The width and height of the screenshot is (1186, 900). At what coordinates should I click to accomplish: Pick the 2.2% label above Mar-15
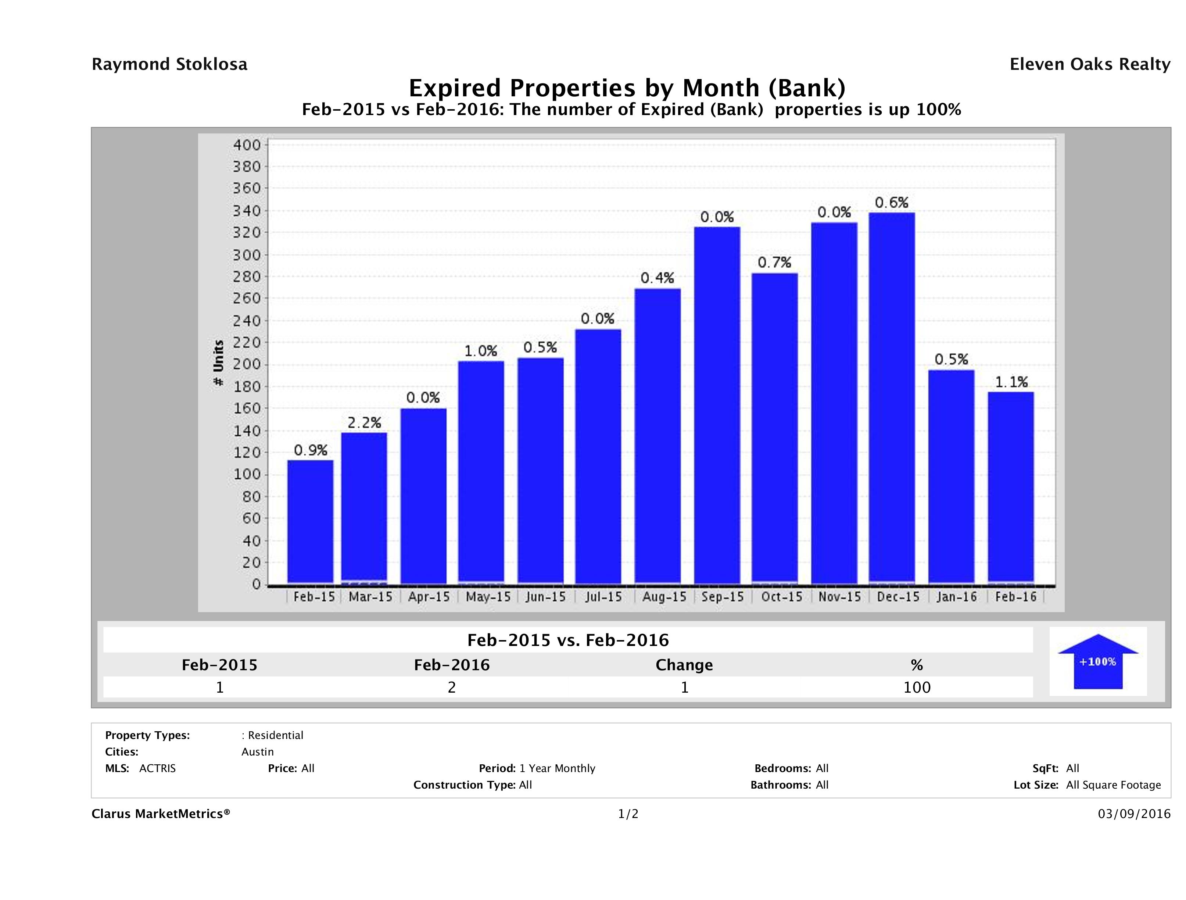364,423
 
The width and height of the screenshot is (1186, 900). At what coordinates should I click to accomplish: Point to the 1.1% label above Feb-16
1011,382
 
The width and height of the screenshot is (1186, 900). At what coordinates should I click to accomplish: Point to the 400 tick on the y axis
247,145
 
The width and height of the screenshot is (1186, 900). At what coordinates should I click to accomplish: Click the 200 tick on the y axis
247,365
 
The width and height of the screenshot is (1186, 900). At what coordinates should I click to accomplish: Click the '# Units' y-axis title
218,363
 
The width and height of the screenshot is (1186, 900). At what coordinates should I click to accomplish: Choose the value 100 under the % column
917,687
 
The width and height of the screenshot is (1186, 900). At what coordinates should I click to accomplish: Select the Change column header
684,665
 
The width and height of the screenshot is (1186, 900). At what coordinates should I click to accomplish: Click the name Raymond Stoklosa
169,64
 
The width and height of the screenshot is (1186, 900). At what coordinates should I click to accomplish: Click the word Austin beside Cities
257,752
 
